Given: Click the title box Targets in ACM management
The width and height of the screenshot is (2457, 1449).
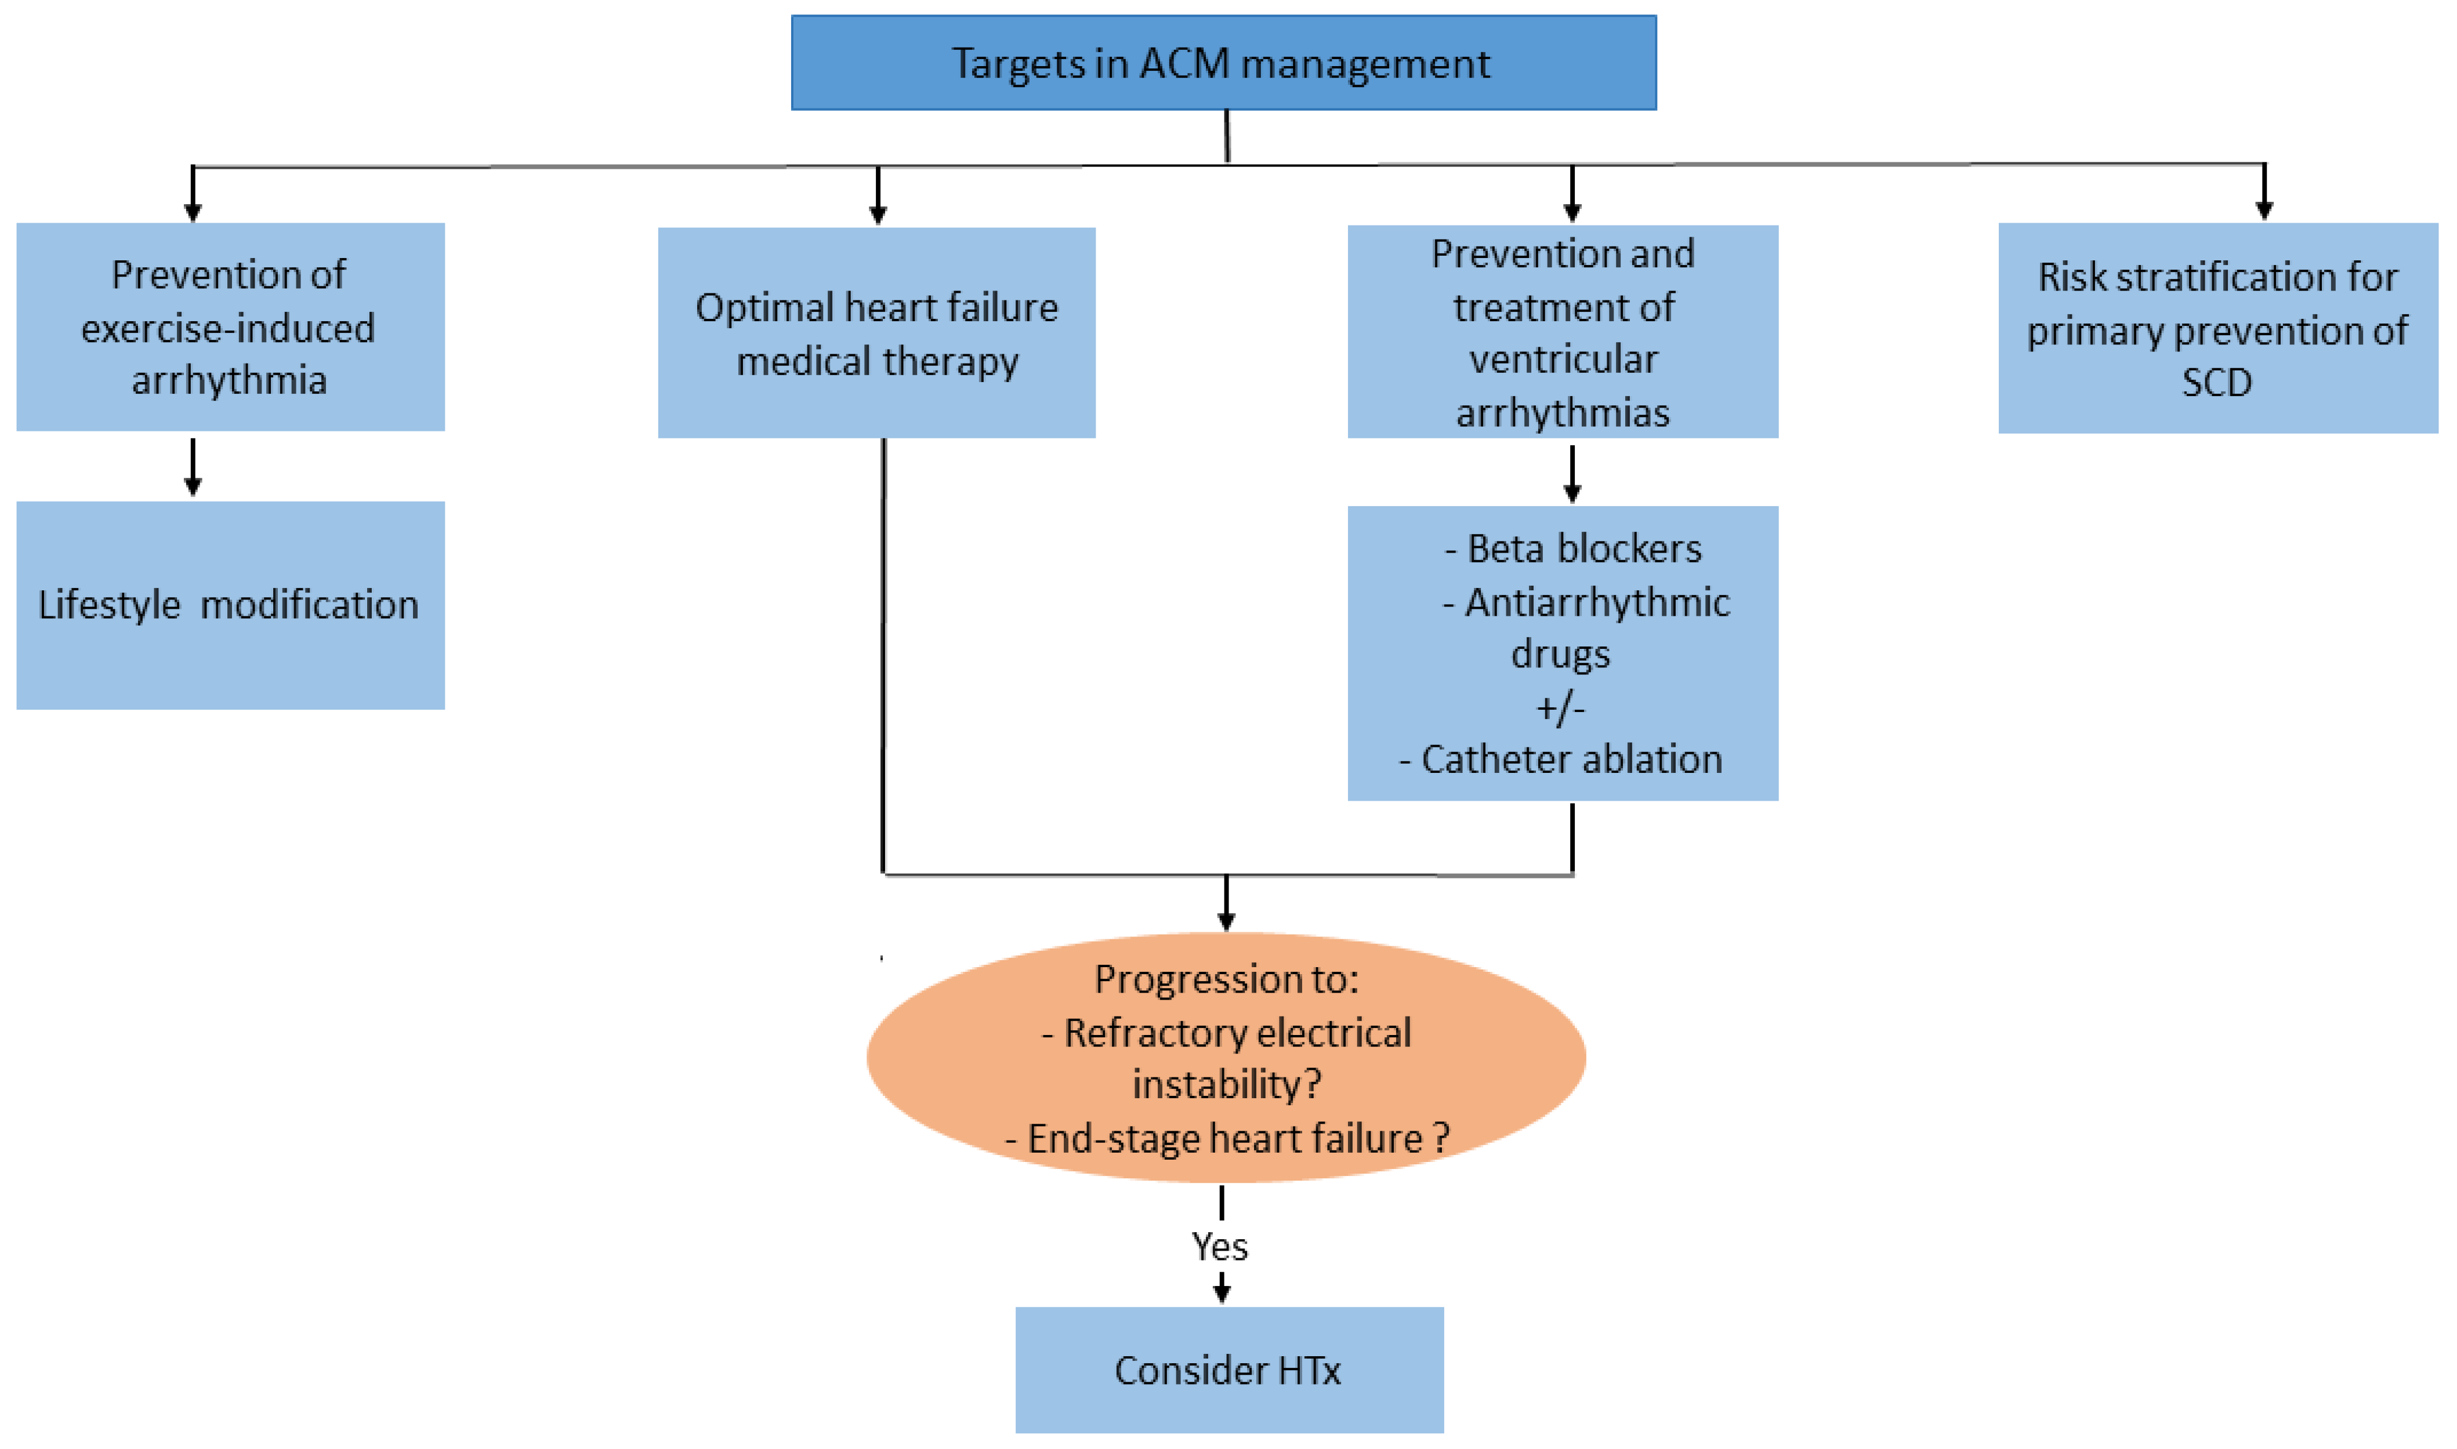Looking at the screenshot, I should pyautogui.click(x=1223, y=63).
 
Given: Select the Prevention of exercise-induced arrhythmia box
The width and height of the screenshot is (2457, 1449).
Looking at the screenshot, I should pyautogui.click(x=230, y=327).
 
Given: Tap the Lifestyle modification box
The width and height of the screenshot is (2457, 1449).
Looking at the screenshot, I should pyautogui.click(x=230, y=605).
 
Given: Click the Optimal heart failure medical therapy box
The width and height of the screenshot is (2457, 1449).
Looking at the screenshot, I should pyautogui.click(x=876, y=333).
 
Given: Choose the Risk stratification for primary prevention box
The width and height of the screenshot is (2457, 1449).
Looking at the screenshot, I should pyautogui.click(x=2217, y=328).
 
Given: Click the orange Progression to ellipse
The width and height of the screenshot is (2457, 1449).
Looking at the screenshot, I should pyautogui.click(x=1226, y=1058).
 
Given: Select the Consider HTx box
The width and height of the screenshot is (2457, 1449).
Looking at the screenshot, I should pyautogui.click(x=1228, y=1370).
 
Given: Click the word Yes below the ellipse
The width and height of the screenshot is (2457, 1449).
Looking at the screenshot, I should pyautogui.click(x=1220, y=1247).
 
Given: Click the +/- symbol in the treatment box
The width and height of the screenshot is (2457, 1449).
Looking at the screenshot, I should pyautogui.click(x=1560, y=707).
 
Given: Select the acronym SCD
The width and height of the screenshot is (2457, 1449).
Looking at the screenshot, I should pyautogui.click(x=2217, y=382).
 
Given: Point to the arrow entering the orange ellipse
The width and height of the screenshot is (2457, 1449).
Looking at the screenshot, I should pyautogui.click(x=1227, y=903).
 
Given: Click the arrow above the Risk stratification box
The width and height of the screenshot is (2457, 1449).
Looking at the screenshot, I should pyautogui.click(x=2264, y=193).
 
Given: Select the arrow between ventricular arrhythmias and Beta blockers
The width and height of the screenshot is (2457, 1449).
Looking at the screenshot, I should pyautogui.click(x=1572, y=474).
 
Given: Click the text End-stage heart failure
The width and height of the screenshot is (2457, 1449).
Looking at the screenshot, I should pyautogui.click(x=1226, y=1139).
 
